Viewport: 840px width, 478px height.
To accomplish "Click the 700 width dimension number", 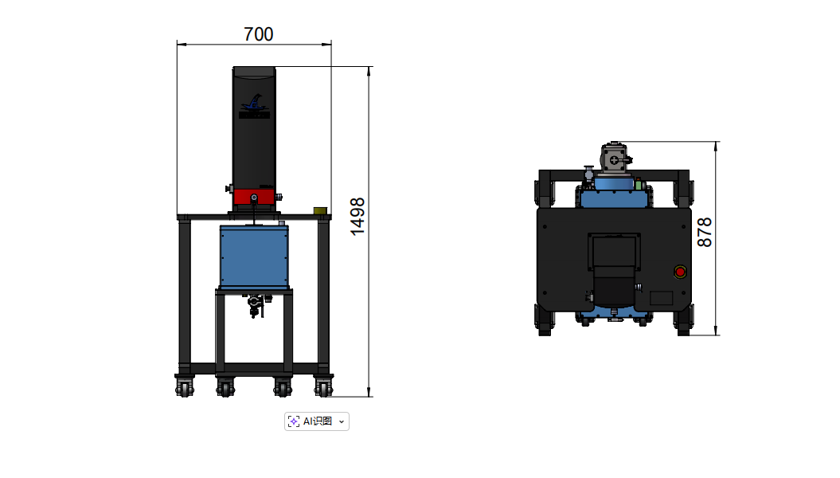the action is tap(258, 34).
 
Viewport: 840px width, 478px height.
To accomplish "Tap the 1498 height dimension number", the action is tap(357, 217).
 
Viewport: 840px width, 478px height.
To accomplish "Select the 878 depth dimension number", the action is tap(705, 232).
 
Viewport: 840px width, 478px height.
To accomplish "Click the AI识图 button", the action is tap(317, 421).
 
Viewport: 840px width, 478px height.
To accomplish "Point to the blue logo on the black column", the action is tap(255, 106).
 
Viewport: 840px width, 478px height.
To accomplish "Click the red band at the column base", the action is tap(254, 197).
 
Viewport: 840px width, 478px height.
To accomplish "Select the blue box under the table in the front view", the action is tap(254, 257).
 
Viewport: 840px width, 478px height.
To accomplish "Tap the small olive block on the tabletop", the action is tap(320, 211).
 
